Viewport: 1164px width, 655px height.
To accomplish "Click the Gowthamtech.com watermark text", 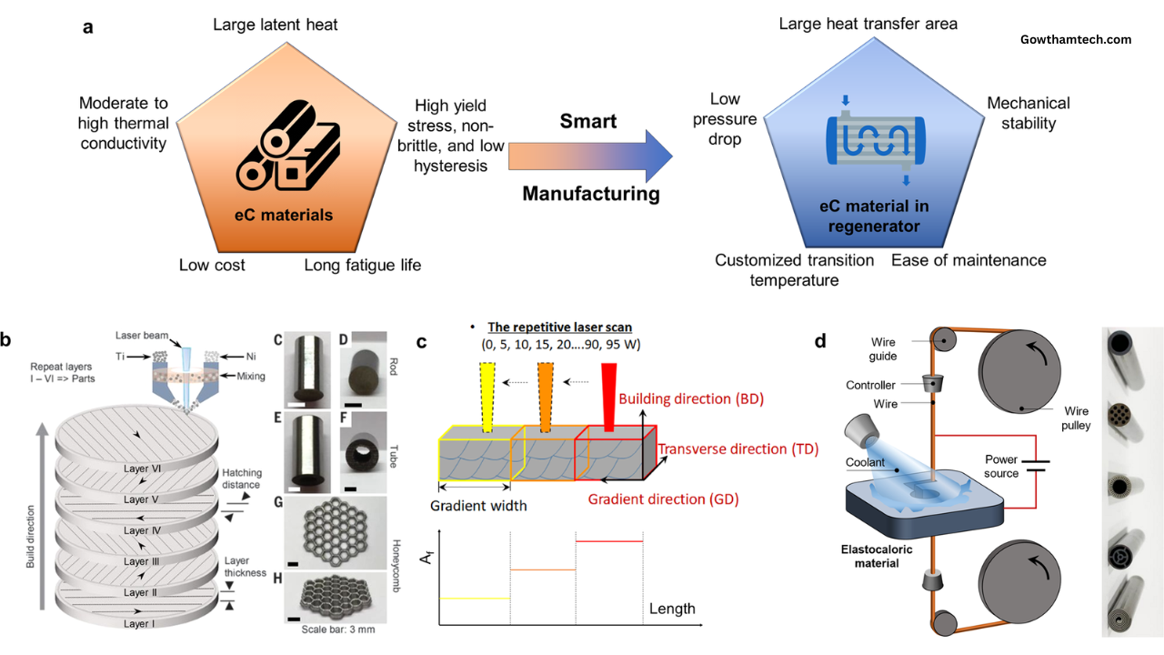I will coord(1077,40).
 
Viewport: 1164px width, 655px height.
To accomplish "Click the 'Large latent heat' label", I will coord(275,25).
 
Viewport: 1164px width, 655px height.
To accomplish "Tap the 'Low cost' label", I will coord(212,265).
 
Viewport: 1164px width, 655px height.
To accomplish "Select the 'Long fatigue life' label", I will coord(362,265).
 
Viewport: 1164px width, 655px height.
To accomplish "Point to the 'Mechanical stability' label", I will coord(1028,113).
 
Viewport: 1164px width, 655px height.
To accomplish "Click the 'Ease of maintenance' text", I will coord(968,260).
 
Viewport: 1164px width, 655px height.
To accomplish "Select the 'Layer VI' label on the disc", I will coord(142,469).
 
